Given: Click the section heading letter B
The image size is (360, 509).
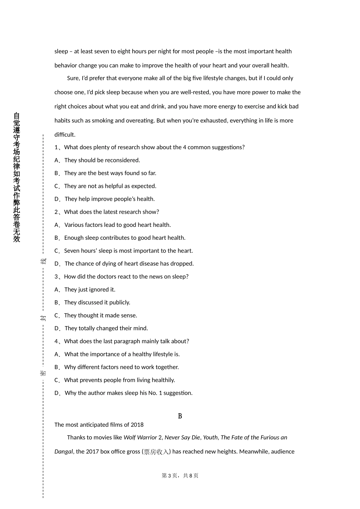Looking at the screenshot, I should point(180,416).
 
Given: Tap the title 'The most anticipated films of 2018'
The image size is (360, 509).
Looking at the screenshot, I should point(99,425).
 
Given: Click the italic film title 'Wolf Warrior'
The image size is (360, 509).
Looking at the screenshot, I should point(140,437).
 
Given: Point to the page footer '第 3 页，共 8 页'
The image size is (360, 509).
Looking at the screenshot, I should point(180,476).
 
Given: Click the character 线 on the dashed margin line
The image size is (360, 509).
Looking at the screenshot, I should point(44,261).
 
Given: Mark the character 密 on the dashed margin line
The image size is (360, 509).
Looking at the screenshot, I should point(44,373).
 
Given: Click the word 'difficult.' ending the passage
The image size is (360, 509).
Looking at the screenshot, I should point(65,135).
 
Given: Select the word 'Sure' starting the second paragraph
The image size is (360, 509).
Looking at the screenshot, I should point(73,78).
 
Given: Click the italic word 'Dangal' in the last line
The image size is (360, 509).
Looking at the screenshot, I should point(64,452).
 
